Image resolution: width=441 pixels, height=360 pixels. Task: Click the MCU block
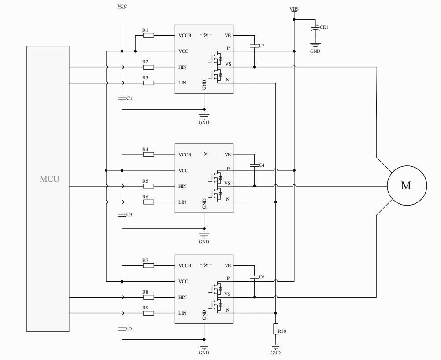click(48, 188)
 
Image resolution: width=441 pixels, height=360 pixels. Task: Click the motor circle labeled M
click(406, 185)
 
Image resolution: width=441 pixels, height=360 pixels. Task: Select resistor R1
click(148, 35)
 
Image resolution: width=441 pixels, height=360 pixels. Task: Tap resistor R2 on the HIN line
click(148, 67)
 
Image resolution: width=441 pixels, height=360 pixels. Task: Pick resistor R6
click(148, 202)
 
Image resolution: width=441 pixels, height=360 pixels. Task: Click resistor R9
click(148, 313)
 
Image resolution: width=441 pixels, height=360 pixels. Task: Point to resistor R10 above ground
click(276, 329)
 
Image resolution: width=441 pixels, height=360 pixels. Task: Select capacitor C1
click(122, 99)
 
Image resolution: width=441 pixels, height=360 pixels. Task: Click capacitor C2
click(254, 45)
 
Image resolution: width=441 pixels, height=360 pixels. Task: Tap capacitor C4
click(254, 165)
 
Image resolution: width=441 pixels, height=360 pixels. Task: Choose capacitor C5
click(122, 328)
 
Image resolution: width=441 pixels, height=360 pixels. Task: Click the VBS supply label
click(294, 9)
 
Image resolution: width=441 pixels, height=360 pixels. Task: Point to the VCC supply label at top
click(122, 6)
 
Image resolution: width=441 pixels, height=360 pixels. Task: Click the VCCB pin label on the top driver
click(185, 35)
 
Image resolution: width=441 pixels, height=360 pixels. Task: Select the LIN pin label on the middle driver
click(182, 202)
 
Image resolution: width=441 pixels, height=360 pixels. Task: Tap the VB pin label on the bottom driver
click(228, 265)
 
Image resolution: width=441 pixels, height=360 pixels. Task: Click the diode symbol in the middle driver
click(206, 154)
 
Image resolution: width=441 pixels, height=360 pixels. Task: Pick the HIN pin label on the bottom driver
click(182, 297)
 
